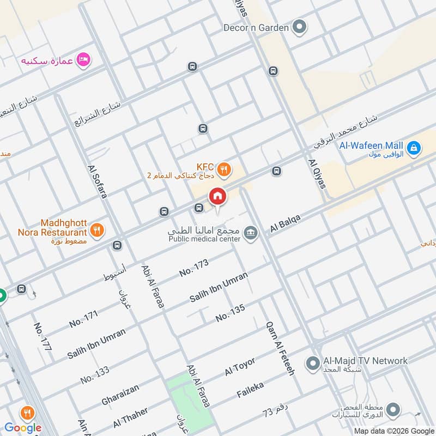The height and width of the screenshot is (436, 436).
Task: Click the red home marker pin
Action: click(217, 197)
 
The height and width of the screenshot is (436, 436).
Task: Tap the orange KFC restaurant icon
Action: click(223, 171)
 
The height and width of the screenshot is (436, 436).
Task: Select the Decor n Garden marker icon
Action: click(299, 27)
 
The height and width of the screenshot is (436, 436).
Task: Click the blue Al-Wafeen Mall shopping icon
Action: click(414, 147)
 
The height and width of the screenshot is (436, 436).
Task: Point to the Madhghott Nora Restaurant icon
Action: click(96, 230)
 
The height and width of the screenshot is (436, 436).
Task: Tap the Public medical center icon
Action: click(250, 233)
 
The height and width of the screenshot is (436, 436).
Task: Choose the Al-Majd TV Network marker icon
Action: click(313, 362)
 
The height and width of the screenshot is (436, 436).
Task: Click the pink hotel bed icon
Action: click(83, 59)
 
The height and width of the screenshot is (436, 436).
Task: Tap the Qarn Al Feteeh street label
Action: click(280, 348)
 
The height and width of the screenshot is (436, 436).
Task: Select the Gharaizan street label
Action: click(120, 394)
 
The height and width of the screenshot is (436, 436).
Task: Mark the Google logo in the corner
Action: click(23, 428)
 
